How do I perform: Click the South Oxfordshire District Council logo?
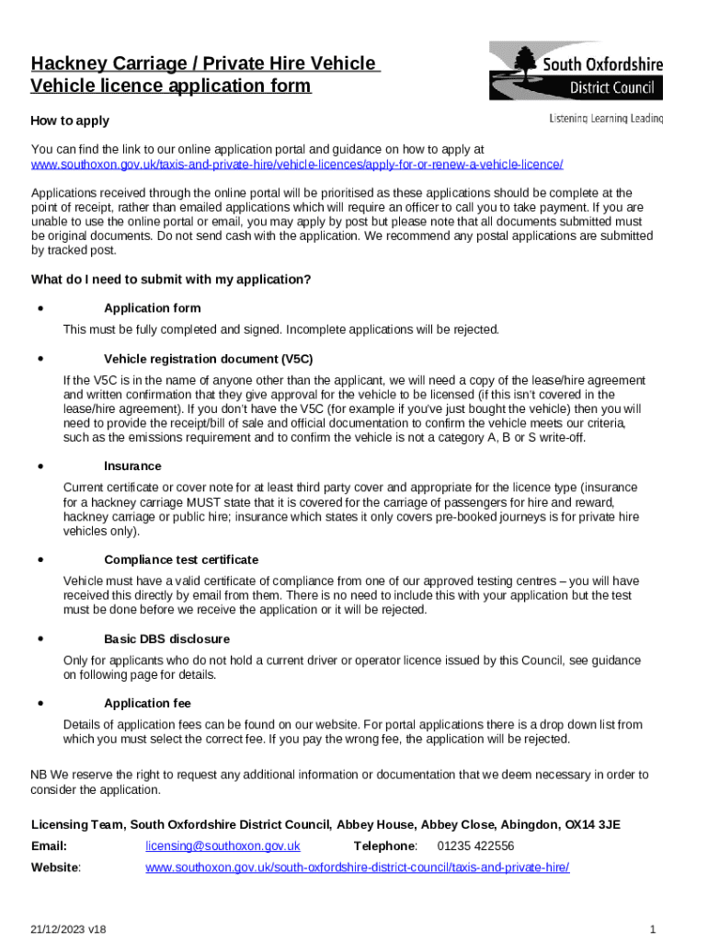click(575, 71)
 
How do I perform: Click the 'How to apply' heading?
click(70, 121)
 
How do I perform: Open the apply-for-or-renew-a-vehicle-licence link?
click(297, 164)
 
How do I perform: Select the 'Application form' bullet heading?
click(152, 308)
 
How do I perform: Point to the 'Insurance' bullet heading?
click(132, 466)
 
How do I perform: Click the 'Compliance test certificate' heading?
click(181, 559)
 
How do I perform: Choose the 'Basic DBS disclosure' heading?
click(166, 638)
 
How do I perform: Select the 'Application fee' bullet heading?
click(147, 703)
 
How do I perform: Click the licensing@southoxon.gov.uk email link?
click(223, 846)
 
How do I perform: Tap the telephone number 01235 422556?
click(475, 846)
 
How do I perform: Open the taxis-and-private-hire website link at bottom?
click(357, 867)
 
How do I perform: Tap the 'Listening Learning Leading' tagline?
click(605, 119)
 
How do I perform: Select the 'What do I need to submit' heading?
click(171, 280)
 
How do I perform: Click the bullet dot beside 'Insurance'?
click(40, 465)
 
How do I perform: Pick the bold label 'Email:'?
click(49, 846)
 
